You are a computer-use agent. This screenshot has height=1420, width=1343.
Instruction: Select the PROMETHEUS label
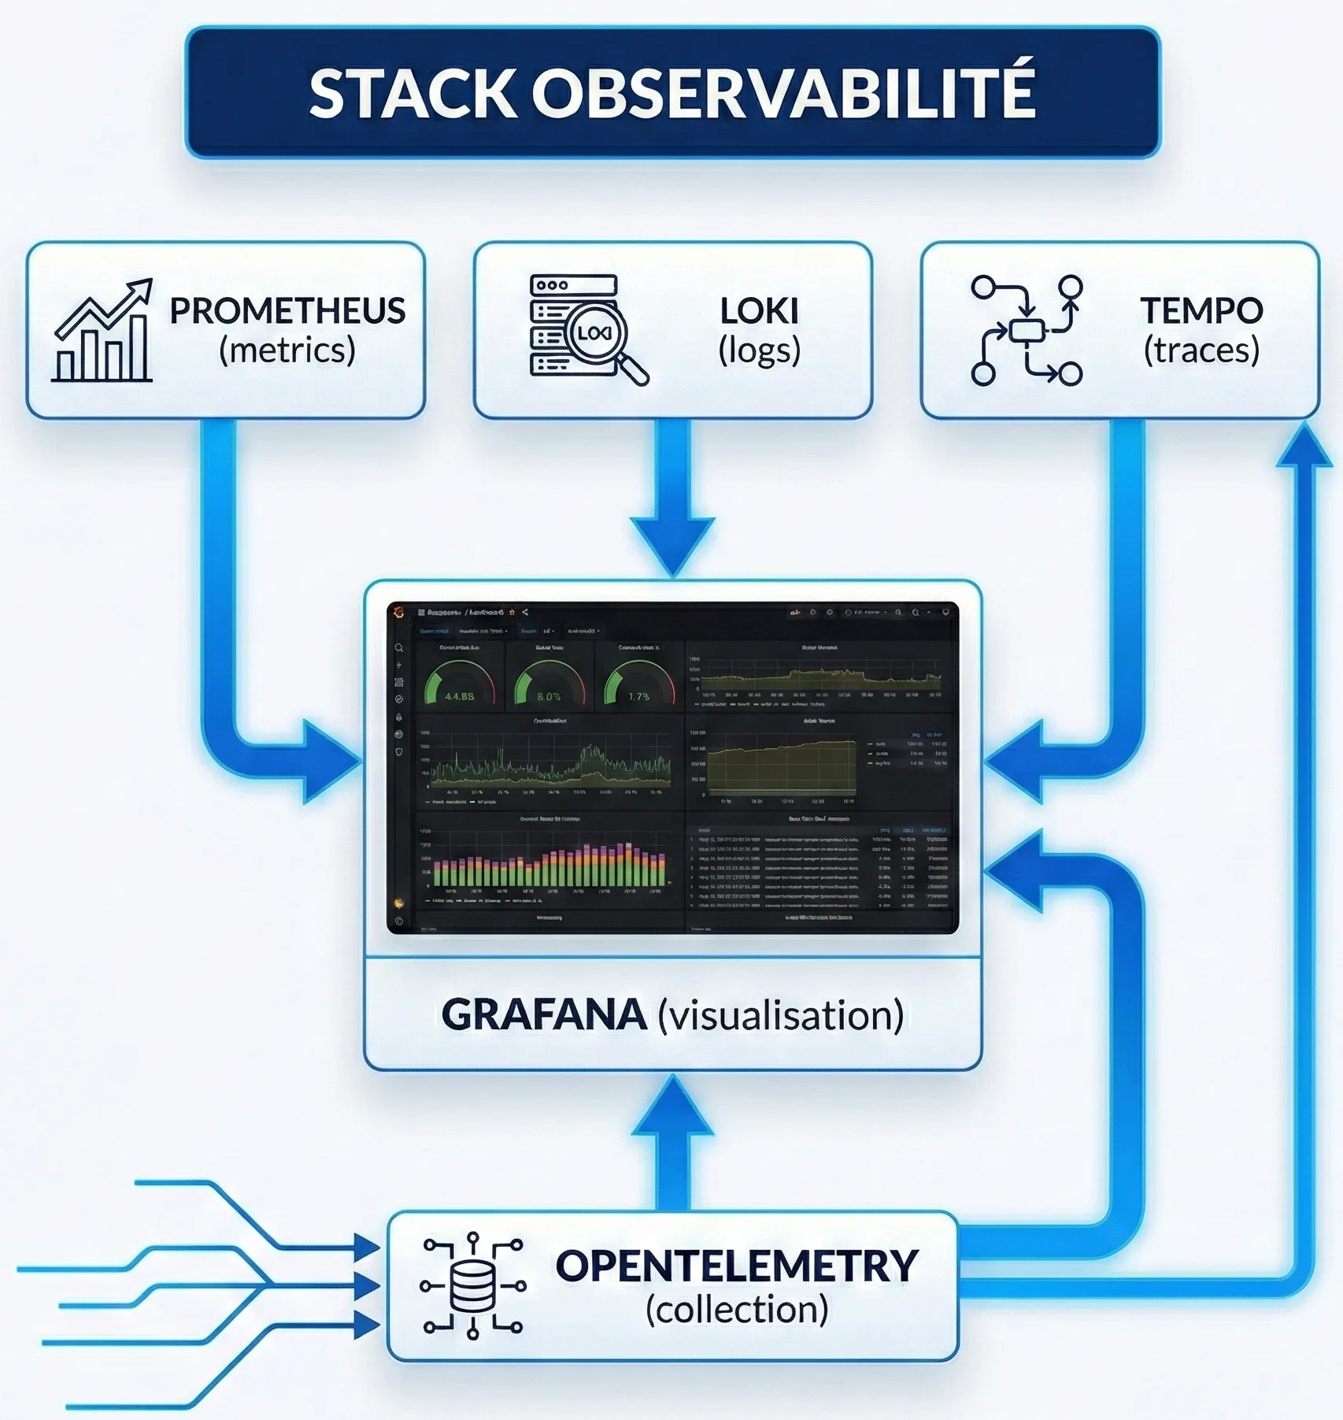tap(287, 310)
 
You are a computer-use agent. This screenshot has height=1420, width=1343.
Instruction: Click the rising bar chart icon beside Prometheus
tap(102, 331)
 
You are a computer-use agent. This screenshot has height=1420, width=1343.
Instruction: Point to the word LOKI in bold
tap(759, 310)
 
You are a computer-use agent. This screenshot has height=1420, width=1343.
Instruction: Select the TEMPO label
tap(1201, 310)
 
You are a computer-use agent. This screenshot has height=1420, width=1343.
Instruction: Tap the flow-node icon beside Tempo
tap(1027, 331)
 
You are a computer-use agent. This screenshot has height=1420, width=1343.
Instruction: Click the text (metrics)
tap(287, 350)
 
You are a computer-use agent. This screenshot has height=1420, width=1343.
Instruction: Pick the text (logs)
tap(759, 350)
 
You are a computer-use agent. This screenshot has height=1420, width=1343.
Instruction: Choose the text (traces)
tap(1201, 350)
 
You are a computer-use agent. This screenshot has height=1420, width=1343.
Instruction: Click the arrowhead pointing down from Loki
tap(672, 543)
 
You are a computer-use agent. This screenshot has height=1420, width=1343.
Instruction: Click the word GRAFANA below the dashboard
tap(544, 1014)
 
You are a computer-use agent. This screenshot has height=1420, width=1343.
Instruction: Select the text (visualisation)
tap(780, 1015)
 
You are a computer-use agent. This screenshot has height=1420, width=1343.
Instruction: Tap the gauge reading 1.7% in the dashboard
tap(638, 684)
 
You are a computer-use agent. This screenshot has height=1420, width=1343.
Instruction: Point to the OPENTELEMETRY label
tap(737, 1266)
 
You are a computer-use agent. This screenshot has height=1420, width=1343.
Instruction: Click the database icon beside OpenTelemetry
tap(472, 1285)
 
